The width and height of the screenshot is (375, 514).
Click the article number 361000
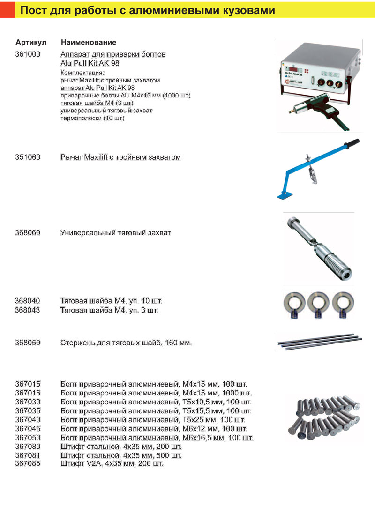click(28, 54)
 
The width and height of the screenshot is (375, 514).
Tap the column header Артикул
click(31, 43)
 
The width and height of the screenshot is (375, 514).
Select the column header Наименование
click(89, 43)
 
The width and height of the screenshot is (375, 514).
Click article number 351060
click(28, 157)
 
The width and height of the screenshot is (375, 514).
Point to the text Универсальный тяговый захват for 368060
click(115, 232)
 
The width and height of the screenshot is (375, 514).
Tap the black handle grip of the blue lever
click(351, 142)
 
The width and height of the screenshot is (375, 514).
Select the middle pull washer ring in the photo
click(318, 304)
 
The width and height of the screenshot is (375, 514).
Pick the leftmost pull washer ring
click(294, 304)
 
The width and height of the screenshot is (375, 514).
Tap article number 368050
click(28, 343)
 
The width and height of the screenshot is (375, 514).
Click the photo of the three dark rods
click(319, 341)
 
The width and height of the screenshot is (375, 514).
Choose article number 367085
click(28, 463)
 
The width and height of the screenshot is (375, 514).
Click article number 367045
click(28, 429)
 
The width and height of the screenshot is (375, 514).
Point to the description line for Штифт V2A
click(112, 463)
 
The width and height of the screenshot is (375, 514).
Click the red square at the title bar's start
click(7, 10)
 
